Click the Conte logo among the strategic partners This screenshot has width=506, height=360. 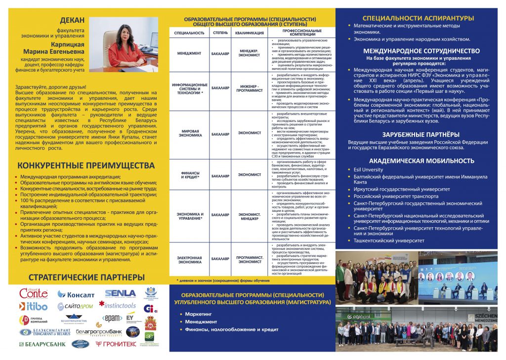coord(34,293)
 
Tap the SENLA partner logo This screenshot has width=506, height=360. coord(120,293)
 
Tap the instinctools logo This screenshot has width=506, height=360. coord(118,305)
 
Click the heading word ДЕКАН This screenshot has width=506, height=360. coord(72,20)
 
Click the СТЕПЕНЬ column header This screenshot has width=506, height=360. coord(220,33)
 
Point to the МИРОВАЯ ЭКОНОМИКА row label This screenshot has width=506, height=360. coord(189,133)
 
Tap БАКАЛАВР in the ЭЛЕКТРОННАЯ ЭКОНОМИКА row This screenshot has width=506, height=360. coord(220,258)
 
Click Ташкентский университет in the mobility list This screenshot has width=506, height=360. coord(388,240)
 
